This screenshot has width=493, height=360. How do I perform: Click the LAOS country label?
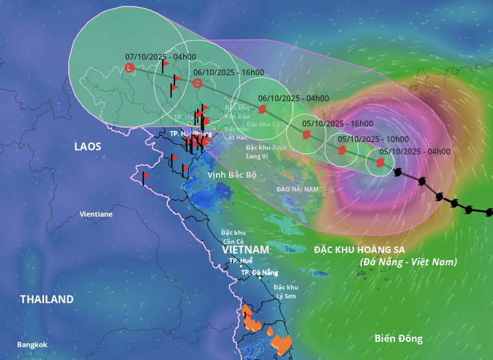88,147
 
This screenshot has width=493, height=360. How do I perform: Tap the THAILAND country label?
47,299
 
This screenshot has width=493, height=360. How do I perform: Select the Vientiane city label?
96,214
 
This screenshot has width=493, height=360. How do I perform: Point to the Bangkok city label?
32,345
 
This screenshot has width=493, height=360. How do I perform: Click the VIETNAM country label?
245,250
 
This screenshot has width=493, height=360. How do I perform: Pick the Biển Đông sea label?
398,338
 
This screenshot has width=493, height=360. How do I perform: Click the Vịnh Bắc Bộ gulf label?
232,175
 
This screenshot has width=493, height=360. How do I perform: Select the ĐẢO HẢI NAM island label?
298,189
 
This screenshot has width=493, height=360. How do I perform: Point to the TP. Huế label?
241,261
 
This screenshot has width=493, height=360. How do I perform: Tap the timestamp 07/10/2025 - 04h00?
160,57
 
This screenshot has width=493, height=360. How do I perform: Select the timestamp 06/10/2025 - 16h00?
228,72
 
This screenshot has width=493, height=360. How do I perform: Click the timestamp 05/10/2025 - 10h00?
373,139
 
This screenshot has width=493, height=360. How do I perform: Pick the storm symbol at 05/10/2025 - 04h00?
379,163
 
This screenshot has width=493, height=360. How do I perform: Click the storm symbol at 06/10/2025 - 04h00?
262,110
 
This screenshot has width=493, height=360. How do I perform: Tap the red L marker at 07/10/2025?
129,67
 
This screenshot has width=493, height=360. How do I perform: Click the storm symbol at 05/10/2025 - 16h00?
306,135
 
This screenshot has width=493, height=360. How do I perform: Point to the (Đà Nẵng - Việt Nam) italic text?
409,262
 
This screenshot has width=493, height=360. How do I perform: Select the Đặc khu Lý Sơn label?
285,291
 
